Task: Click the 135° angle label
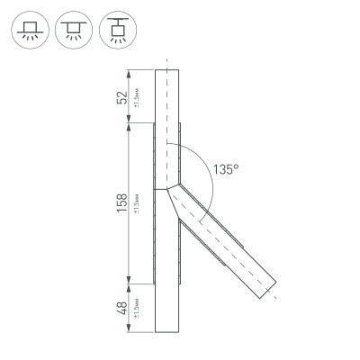tap(226, 168)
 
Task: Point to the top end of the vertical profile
tap(167, 71)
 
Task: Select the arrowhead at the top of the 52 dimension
tap(131, 74)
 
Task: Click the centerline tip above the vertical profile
tap(167, 60)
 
